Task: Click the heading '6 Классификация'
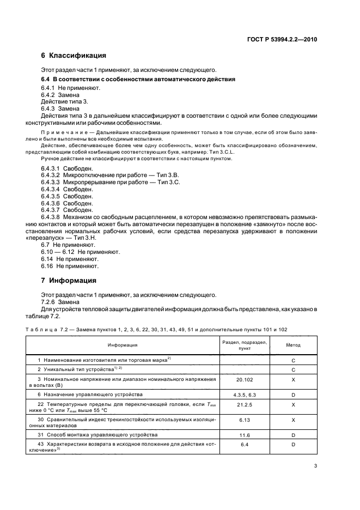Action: [x=74, y=56]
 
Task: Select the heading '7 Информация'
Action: [x=69, y=281]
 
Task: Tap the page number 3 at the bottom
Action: [x=316, y=465]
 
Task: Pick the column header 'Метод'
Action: [x=293, y=345]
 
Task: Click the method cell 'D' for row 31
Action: [x=293, y=435]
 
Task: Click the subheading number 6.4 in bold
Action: [x=46, y=80]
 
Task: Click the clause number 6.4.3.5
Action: [x=52, y=196]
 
